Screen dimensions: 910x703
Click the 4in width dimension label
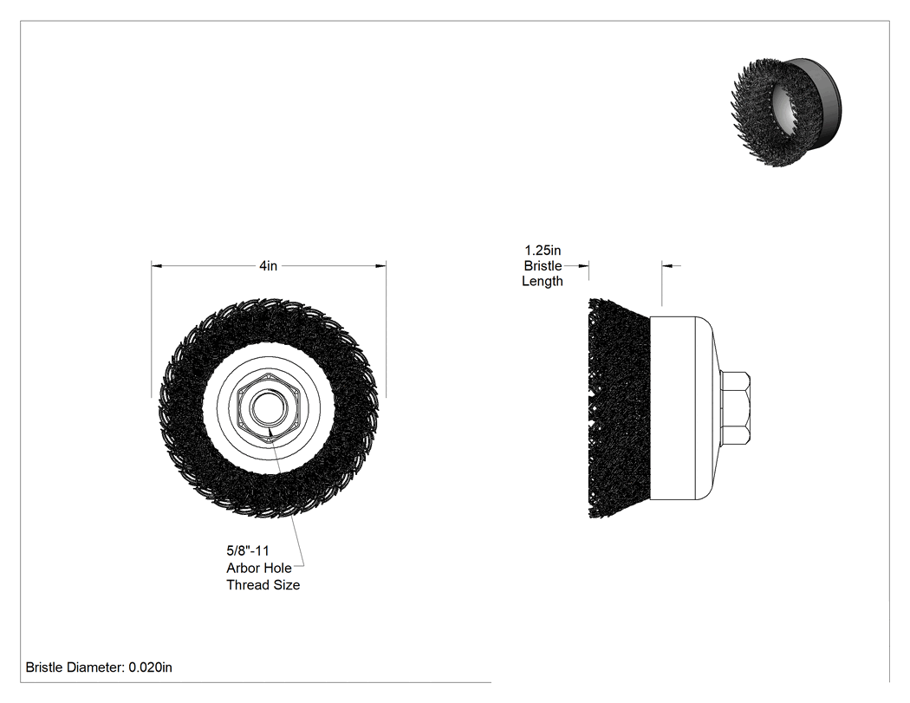[x=268, y=266]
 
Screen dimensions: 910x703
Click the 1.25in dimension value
[x=543, y=251]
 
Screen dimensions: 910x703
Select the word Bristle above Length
[x=543, y=266]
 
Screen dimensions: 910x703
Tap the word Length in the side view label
[x=542, y=281]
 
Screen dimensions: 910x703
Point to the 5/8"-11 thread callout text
[x=248, y=550]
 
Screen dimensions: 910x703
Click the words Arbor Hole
[x=259, y=568]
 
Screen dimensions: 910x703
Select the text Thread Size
[x=263, y=584]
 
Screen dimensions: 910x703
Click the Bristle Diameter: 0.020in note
[x=99, y=667]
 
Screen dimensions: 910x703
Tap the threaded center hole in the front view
[x=268, y=408]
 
